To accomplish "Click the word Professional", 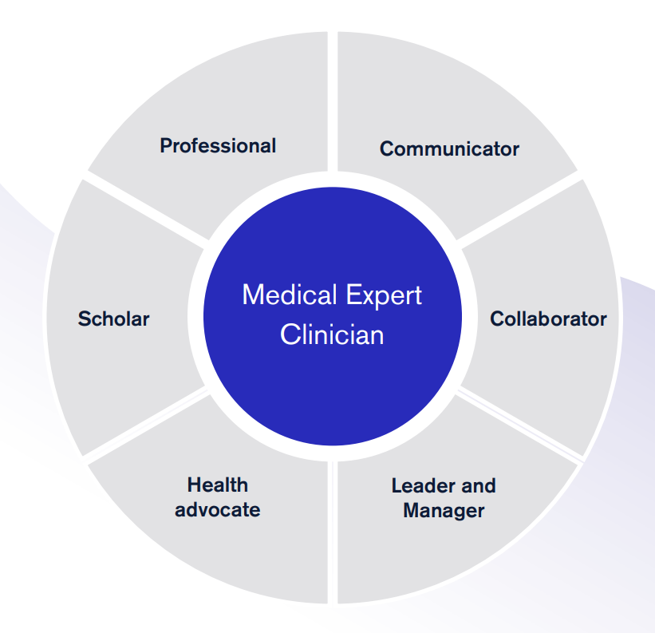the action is point(218,146).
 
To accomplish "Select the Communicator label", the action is point(449,148).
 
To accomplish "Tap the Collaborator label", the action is point(548,318).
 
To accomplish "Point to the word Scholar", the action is point(113,318).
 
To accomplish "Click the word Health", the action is point(218,485).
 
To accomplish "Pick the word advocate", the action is point(218,509).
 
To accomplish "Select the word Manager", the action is point(444,510).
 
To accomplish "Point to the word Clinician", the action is point(332,334).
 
